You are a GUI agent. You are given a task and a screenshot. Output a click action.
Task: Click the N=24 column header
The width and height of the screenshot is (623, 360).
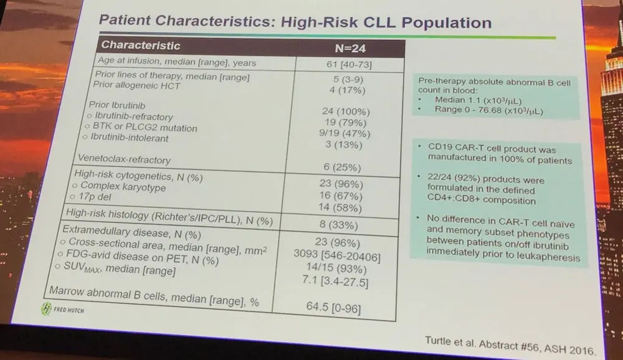point(350,49)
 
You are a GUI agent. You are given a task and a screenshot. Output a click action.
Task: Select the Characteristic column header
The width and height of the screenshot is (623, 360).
point(141,45)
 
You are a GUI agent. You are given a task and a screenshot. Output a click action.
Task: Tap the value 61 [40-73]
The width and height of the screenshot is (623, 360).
point(350,65)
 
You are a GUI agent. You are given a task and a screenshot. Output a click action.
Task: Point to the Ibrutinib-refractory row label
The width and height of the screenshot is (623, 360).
point(125,116)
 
